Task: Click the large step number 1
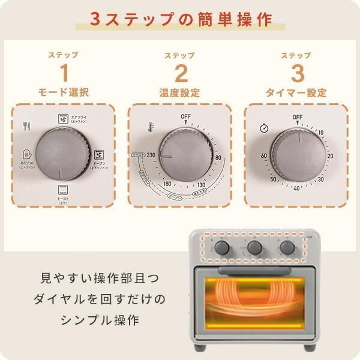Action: (x=64, y=73)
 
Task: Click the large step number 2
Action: (x=181, y=73)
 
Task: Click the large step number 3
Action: (x=297, y=73)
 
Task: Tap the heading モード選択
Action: (x=64, y=93)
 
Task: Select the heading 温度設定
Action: (x=180, y=93)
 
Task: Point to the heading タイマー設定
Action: (x=297, y=93)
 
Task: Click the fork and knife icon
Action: (x=26, y=126)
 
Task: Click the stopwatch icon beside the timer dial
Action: (x=264, y=128)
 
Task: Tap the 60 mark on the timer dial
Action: (x=264, y=156)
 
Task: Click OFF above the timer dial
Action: (x=298, y=116)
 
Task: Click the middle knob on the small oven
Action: (x=254, y=247)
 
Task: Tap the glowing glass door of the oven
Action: (x=254, y=299)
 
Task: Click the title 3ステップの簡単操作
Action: (x=181, y=19)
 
